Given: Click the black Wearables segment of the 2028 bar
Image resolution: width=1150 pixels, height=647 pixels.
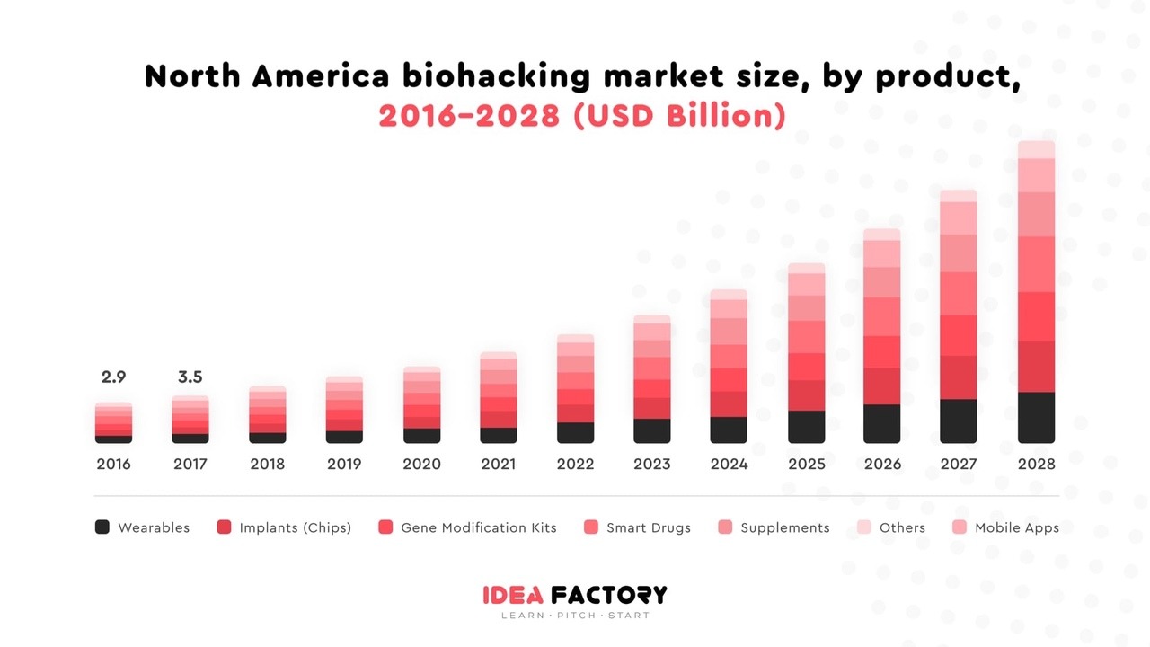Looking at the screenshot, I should [1036, 418].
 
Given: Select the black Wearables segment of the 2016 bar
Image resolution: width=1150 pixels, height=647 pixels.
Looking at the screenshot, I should [113, 439].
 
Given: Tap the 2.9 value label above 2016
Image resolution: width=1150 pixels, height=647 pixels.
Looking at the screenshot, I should [113, 377].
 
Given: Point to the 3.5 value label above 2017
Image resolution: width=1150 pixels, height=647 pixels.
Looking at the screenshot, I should [190, 377].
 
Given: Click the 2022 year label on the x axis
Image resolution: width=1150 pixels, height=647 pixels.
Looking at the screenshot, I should [575, 464].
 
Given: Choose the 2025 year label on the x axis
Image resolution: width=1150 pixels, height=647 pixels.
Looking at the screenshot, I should [806, 464].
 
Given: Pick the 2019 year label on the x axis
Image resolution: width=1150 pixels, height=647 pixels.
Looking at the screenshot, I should [344, 464].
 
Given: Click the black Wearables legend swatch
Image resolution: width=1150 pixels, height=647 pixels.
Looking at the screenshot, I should [102, 527].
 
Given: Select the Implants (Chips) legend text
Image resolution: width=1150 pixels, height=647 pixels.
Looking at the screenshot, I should [295, 527].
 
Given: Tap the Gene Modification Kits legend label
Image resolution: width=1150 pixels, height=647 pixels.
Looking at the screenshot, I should [478, 527].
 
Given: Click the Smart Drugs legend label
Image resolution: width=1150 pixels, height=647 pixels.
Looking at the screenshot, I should [648, 527].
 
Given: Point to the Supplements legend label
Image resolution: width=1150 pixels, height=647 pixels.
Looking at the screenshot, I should [784, 527].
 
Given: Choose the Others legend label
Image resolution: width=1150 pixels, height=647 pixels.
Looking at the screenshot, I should [902, 527].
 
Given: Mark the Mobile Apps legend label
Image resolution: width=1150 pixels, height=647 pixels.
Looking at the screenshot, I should [1016, 527].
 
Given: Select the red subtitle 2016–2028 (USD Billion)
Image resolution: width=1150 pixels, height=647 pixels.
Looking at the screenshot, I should [582, 116].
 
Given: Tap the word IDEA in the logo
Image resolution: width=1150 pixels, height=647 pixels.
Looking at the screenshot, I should [512, 595].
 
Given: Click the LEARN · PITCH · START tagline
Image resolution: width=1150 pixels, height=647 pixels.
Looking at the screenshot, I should [575, 616].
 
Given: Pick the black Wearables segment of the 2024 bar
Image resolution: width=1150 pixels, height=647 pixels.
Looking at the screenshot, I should [729, 430].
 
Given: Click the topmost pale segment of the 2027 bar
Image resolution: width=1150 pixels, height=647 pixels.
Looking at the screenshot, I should [959, 196].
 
